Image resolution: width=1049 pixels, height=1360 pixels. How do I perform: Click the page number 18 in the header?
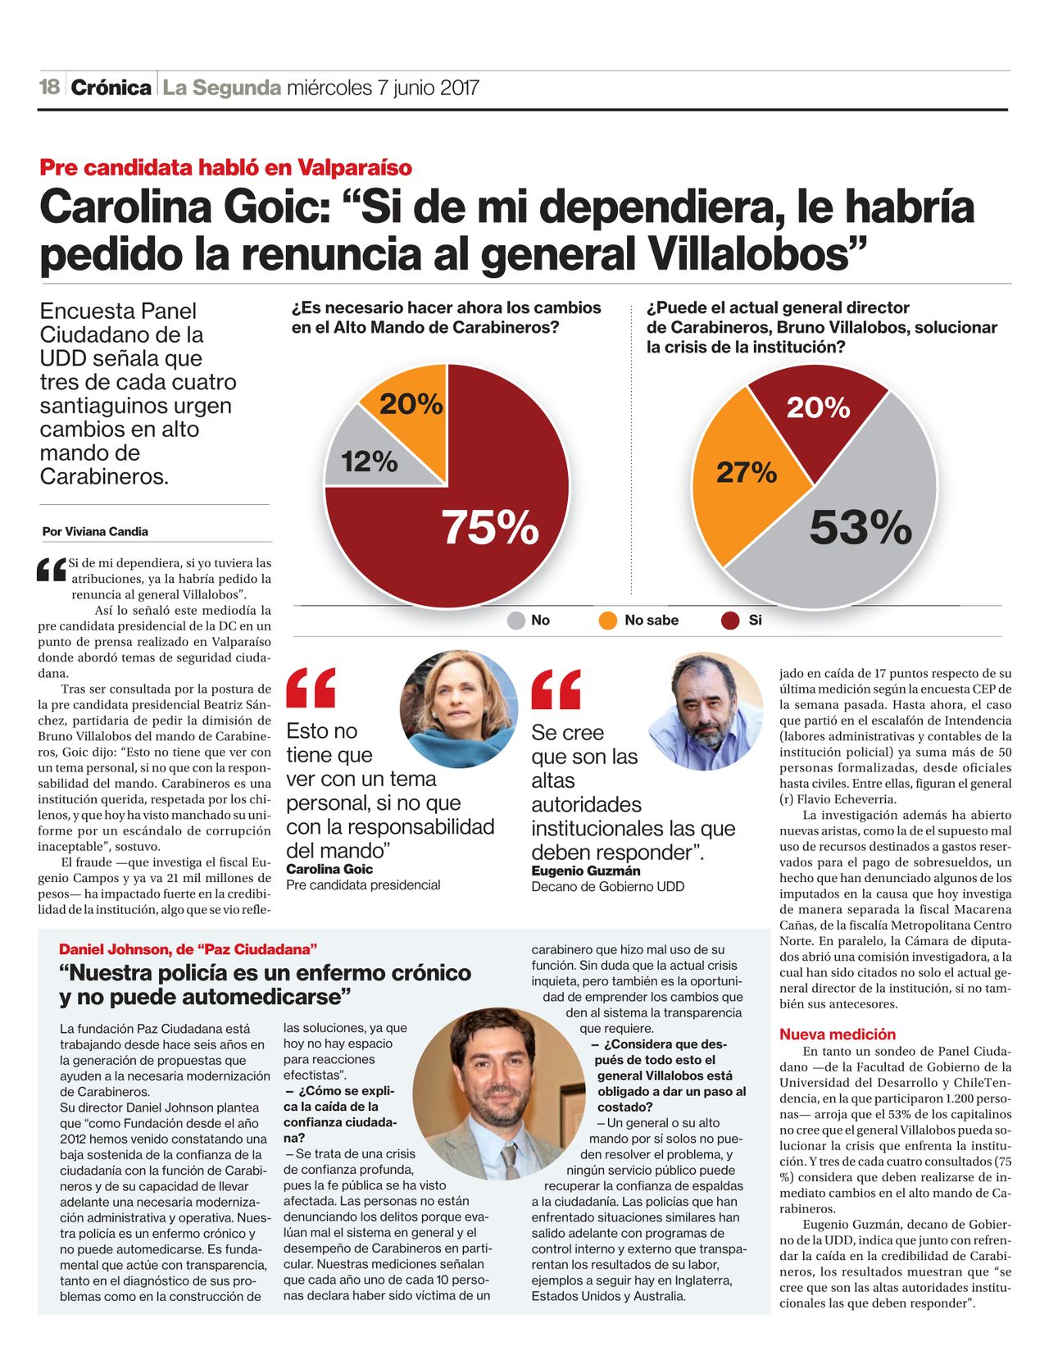click(50, 87)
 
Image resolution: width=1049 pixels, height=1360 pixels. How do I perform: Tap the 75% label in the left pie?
click(490, 526)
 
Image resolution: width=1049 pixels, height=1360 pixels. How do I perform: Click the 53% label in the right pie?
click(861, 526)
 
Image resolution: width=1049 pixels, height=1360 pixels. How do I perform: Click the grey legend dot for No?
click(516, 621)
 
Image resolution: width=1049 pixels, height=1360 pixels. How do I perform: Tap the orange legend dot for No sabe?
click(607, 621)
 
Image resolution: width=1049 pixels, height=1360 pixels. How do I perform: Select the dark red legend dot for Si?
click(730, 621)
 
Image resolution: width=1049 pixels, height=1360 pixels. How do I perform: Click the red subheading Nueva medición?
click(838, 1035)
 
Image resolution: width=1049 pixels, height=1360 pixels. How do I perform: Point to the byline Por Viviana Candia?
click(95, 531)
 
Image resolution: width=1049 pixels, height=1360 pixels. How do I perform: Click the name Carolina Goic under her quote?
click(329, 869)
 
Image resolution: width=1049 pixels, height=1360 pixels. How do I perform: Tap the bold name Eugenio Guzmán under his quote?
click(585, 871)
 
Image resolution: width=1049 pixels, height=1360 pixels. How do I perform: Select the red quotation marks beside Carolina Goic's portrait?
click(311, 688)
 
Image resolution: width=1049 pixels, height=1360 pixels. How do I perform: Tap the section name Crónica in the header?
click(111, 88)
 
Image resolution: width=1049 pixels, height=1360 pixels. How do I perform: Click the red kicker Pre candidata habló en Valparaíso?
click(225, 168)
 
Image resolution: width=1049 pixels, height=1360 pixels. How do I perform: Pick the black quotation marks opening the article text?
click(51, 570)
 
